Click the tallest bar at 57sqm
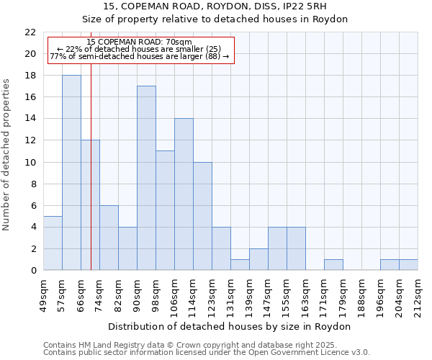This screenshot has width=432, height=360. pyautogui.click(x=71, y=173)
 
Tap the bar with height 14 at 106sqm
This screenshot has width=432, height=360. pyautogui.click(x=184, y=194)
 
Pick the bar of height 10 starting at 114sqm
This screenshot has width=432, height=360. pyautogui.click(x=202, y=216)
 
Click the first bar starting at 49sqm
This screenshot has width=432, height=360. pyautogui.click(x=53, y=243)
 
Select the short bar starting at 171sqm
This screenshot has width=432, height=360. pyautogui.click(x=333, y=265)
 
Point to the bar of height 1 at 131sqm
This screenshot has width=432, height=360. pyautogui.click(x=240, y=265)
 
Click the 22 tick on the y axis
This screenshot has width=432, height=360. pyautogui.click(x=30, y=32)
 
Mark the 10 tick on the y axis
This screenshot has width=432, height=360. pyautogui.click(x=30, y=163)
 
